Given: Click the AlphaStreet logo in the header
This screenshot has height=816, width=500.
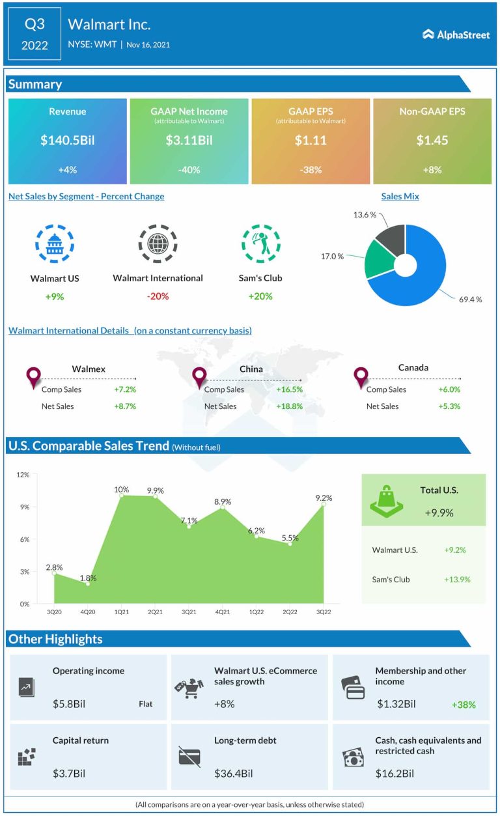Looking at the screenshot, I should (456, 35).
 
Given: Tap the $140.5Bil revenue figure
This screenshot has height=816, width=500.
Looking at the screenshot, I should (67, 140).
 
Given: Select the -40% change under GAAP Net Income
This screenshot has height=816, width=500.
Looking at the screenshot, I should (189, 170).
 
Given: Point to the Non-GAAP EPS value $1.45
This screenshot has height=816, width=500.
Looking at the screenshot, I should (432, 140).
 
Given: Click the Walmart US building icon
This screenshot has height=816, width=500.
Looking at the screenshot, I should (54, 244).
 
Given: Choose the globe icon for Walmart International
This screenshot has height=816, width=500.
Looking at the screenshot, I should (158, 244).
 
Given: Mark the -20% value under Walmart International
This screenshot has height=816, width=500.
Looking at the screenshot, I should (158, 296).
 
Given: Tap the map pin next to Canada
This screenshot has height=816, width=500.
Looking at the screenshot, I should (360, 377).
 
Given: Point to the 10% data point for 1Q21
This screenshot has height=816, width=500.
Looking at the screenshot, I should (121, 495).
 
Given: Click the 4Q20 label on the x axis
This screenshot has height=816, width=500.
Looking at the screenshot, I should (87, 612).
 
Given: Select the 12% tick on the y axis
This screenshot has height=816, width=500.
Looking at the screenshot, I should (23, 475).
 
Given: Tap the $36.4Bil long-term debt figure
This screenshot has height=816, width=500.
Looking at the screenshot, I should (233, 774).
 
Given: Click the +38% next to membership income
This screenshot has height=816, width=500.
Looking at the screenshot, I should (463, 704).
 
